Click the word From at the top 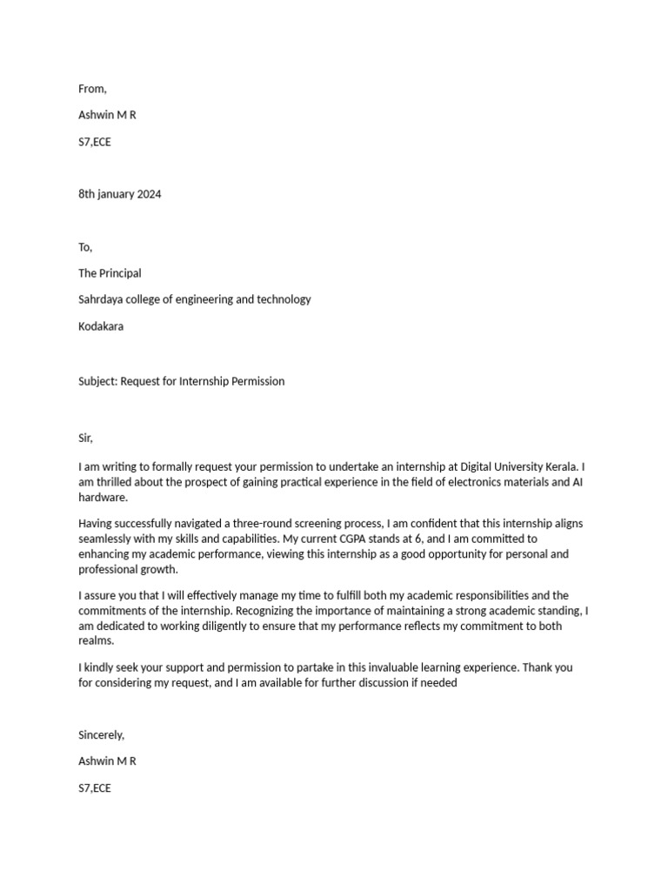92,88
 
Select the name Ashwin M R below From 107,115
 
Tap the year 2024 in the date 147,194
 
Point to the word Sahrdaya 102,299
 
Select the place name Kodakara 102,326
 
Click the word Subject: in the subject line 97,381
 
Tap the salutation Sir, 85,438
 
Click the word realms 96,641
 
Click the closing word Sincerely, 101,735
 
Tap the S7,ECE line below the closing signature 95,788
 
